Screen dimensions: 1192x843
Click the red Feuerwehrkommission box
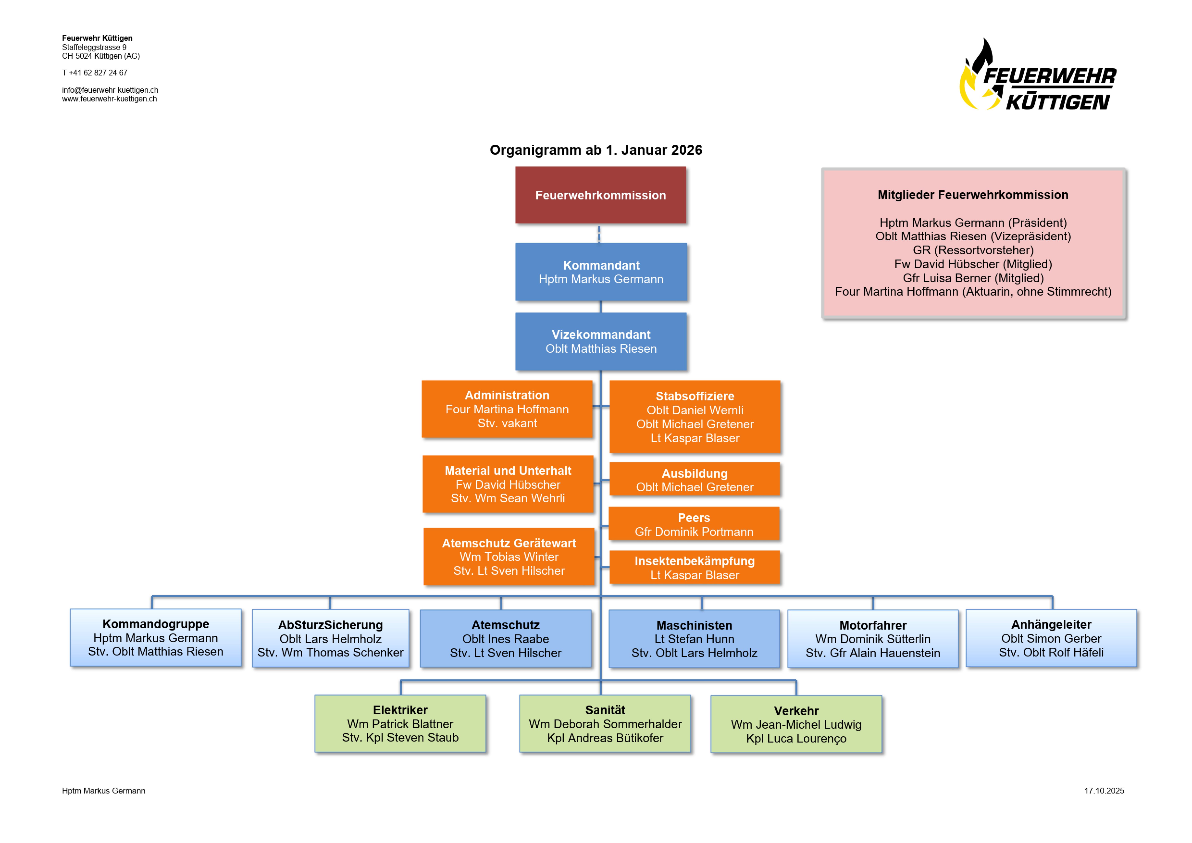(x=601, y=195)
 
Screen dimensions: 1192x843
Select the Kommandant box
(x=601, y=272)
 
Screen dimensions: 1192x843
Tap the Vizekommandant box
(x=601, y=342)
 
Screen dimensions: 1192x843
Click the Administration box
(x=507, y=409)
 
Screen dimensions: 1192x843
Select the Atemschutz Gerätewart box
(x=509, y=556)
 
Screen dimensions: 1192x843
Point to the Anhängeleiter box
(x=1051, y=638)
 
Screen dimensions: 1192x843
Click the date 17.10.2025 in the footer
(x=1104, y=791)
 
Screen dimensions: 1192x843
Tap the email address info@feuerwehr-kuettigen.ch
(x=110, y=90)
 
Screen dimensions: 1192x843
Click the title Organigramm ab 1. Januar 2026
(x=596, y=150)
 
